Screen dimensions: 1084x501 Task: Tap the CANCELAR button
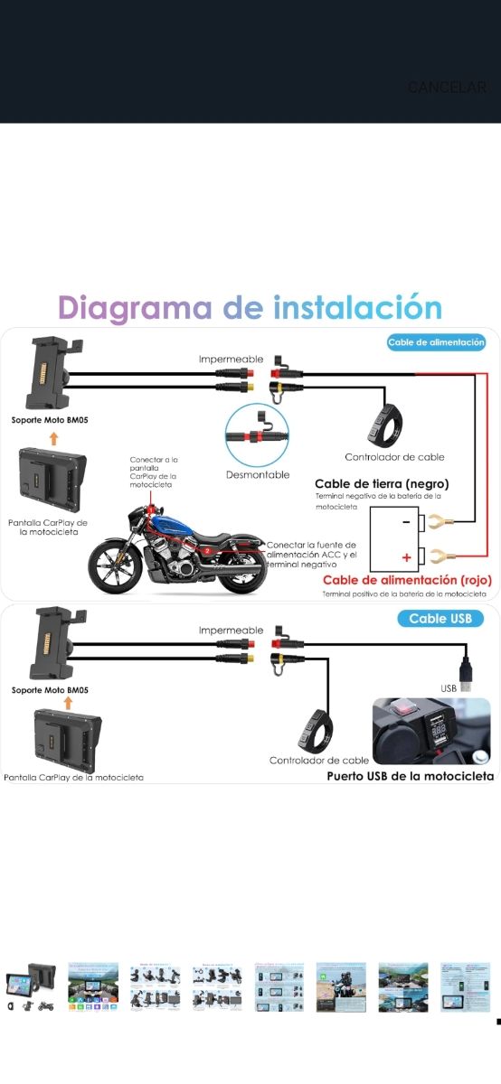point(447,88)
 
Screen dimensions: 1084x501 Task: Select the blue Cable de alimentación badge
point(437,342)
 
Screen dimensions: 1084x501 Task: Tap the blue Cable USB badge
point(440,619)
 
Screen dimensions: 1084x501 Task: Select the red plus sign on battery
point(406,557)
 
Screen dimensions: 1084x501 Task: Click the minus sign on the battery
point(406,522)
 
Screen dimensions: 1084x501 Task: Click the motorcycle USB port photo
point(431,731)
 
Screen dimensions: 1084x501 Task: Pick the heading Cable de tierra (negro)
point(381,483)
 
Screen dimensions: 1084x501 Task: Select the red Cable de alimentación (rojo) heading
point(407,580)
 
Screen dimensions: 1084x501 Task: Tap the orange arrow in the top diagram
point(53,438)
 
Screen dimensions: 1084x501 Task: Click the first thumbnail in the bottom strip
point(32,986)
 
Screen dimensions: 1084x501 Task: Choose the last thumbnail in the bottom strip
point(465,986)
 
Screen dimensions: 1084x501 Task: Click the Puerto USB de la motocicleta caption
point(410,776)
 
